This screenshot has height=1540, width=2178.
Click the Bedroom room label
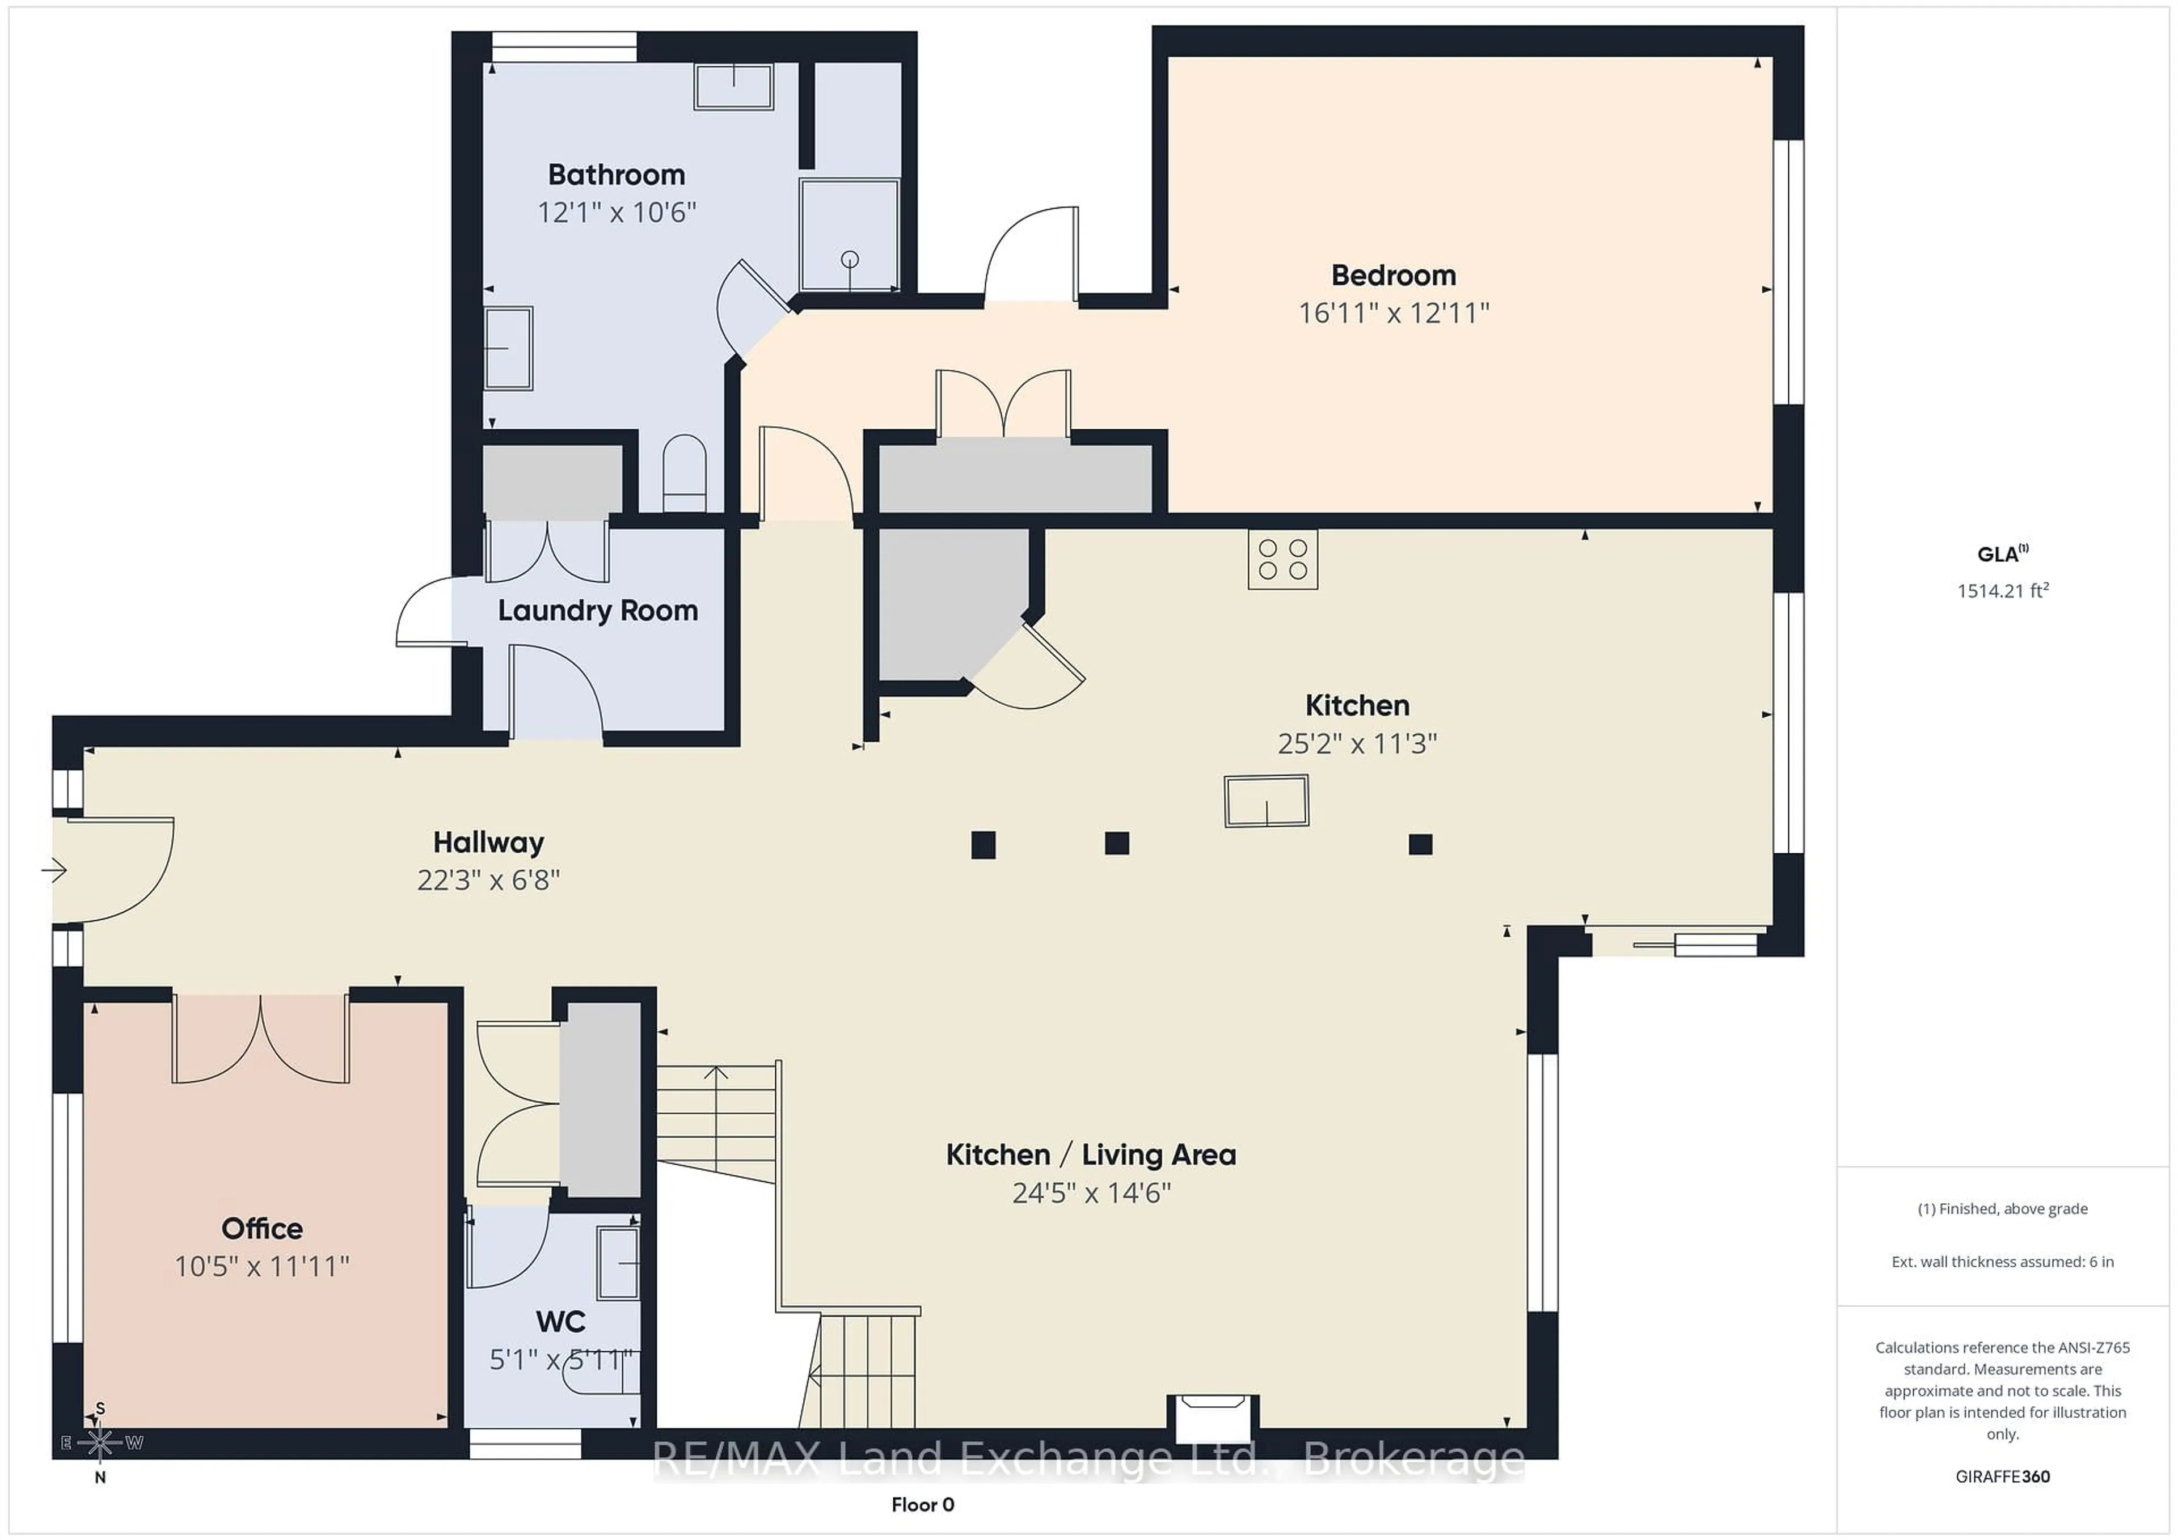click(x=1392, y=275)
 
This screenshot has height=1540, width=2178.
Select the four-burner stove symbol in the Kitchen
click(x=1282, y=560)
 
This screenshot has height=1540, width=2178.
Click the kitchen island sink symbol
click(x=1267, y=801)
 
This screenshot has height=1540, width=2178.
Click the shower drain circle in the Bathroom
click(x=850, y=259)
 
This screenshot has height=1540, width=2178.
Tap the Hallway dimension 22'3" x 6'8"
click(x=488, y=880)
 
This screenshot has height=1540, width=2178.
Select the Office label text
click(x=262, y=1228)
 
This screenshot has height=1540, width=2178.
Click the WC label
click(x=560, y=1321)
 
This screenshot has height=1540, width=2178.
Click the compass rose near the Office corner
click(x=100, y=1443)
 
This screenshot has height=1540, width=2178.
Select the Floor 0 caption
click(x=922, y=1505)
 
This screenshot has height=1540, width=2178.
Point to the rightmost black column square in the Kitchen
click(x=1420, y=844)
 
